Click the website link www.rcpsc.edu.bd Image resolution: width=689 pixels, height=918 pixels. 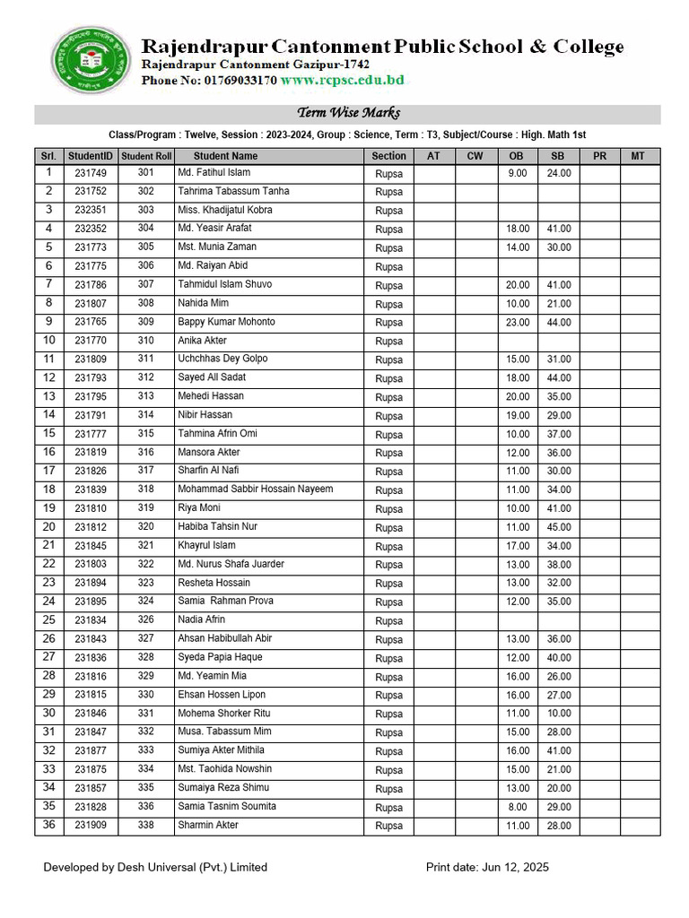tap(342, 81)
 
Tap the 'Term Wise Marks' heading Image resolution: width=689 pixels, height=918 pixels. tap(348, 113)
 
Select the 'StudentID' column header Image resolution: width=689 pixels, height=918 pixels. tap(91, 156)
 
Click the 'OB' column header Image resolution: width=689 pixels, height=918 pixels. tap(517, 156)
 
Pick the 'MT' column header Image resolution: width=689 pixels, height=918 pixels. tap(638, 156)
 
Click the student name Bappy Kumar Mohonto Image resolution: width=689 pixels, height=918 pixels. tap(226, 322)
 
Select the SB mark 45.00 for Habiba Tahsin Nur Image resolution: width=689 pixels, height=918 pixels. tap(559, 527)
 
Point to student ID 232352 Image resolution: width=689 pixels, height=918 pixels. tap(91, 229)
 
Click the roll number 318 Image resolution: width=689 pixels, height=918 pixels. tap(145, 489)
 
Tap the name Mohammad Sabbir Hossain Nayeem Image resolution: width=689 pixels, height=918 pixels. tap(255, 489)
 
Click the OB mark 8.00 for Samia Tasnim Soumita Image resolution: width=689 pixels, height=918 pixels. tap(518, 807)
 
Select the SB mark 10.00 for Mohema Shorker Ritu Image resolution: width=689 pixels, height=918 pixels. tap(559, 714)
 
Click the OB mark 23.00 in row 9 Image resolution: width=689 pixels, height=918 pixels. tap(518, 323)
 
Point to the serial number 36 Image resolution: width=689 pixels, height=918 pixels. tap(49, 825)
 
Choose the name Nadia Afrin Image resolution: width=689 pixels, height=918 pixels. tap(201, 619)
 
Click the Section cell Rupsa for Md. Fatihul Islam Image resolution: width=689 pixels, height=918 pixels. tap(388, 173)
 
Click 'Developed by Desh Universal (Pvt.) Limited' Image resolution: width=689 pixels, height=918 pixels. tap(155, 867)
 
